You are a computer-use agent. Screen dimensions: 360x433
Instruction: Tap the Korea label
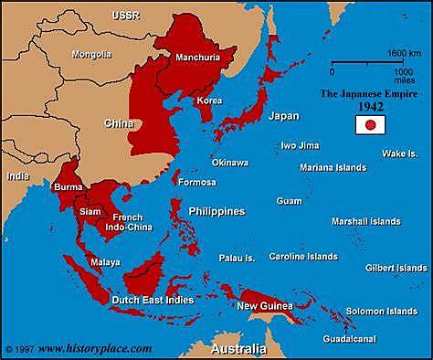[x=210, y=98]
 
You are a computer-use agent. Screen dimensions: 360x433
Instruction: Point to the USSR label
[x=100, y=16]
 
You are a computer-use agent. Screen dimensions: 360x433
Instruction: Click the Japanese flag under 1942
[x=370, y=124]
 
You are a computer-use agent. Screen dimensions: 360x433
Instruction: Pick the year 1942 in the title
[x=370, y=106]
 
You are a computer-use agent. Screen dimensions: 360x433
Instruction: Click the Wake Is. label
[x=399, y=153]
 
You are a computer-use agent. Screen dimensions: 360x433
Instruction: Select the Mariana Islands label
[x=333, y=167]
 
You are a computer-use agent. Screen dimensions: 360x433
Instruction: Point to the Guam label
[x=290, y=200]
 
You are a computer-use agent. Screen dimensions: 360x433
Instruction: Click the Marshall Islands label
[x=365, y=221]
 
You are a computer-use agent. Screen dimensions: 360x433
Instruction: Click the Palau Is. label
[x=237, y=259]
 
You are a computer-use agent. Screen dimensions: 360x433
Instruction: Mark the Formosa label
[x=197, y=182]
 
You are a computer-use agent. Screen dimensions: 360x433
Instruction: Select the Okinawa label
[x=229, y=162]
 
